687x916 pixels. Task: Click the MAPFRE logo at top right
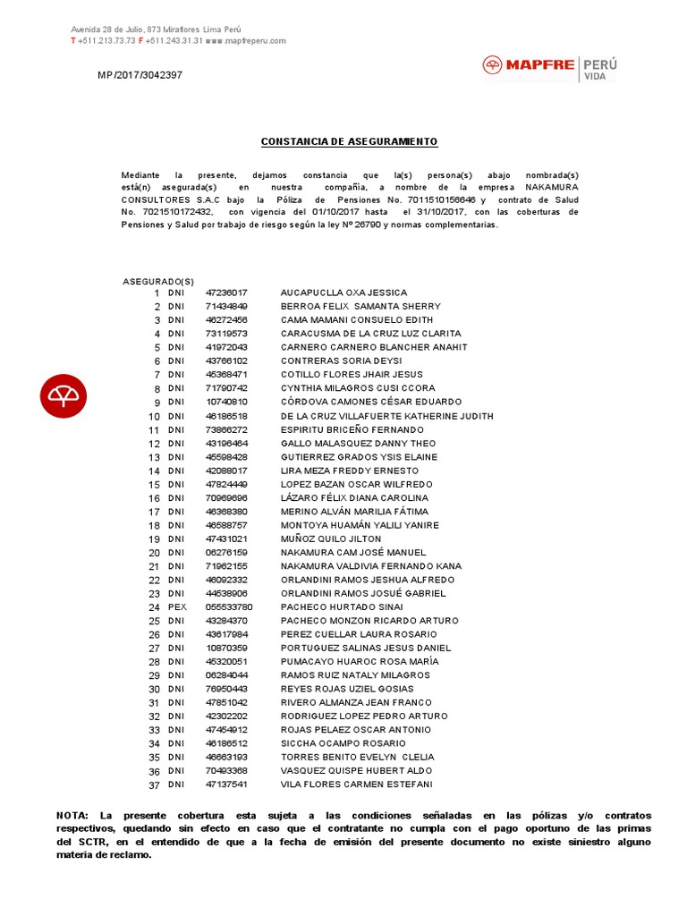(x=549, y=66)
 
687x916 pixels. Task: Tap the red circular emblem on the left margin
(x=64, y=394)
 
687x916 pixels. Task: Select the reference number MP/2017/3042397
(x=140, y=75)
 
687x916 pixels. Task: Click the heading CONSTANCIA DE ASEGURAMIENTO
(x=349, y=142)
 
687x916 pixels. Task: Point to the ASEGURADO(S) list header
(x=157, y=281)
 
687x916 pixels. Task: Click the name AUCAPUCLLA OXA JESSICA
(x=343, y=293)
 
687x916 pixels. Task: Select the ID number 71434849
(x=226, y=306)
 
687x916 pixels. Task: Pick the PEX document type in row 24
(x=176, y=606)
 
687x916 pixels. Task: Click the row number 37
(x=154, y=785)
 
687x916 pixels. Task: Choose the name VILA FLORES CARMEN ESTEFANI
(x=356, y=785)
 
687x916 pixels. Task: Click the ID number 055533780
(x=229, y=606)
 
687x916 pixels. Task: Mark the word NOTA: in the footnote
(x=72, y=816)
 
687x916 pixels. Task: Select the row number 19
(x=154, y=539)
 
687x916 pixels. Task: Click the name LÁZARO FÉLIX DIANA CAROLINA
(x=354, y=497)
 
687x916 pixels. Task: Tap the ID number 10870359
(x=226, y=648)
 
